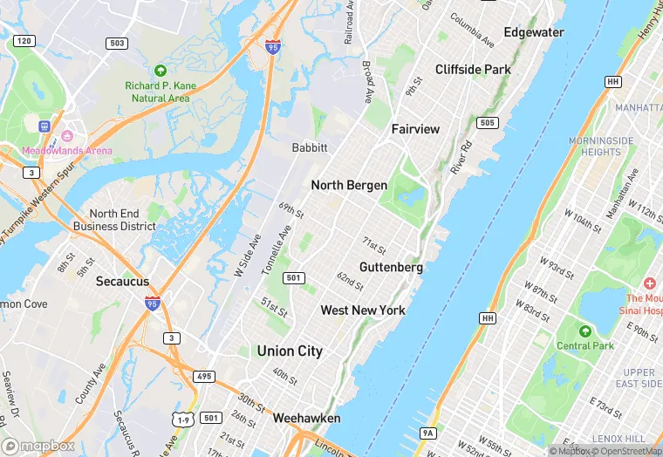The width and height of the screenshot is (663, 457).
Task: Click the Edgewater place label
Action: pyautogui.click(x=534, y=32)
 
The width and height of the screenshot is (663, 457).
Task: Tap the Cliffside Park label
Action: pyautogui.click(x=473, y=69)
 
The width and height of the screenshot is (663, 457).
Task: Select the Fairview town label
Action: pyautogui.click(x=415, y=129)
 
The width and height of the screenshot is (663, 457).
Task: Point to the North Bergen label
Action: pyautogui.click(x=349, y=186)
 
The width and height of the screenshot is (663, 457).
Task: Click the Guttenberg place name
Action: pyautogui.click(x=391, y=267)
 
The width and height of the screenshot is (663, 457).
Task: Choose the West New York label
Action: pyautogui.click(x=363, y=310)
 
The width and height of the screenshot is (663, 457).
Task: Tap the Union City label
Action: pyautogui.click(x=290, y=351)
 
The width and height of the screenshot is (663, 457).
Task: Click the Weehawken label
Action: pyautogui.click(x=306, y=419)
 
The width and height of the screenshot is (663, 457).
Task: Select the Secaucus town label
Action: pyautogui.click(x=122, y=282)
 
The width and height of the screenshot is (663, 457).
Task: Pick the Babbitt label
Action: pyautogui.click(x=310, y=148)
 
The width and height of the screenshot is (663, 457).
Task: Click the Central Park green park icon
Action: pyautogui.click(x=584, y=331)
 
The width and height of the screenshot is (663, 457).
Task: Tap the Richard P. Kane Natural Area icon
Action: pyautogui.click(x=159, y=70)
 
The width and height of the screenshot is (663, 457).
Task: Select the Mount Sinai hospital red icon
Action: pyautogui.click(x=650, y=284)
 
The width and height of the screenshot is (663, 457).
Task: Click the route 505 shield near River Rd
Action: pyautogui.click(x=489, y=123)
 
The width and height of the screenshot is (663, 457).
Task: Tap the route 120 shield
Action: pyautogui.click(x=24, y=41)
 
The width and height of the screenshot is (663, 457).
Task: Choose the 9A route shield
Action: pyautogui.click(x=427, y=433)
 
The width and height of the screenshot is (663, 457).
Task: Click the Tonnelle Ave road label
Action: pyautogui.click(x=277, y=250)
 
